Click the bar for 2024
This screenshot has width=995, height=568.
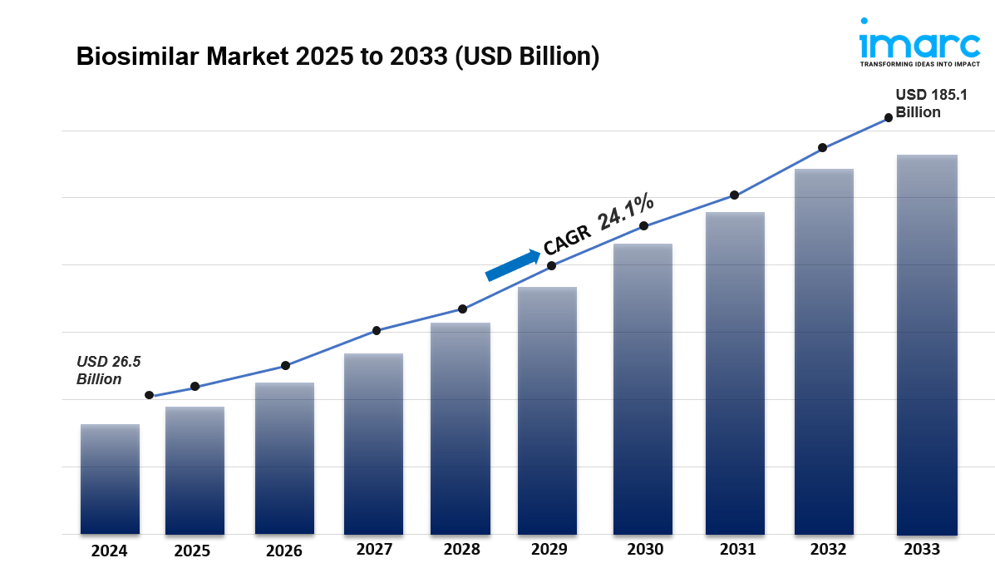pyautogui.click(x=110, y=479)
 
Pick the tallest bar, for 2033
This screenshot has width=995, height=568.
pyautogui.click(x=927, y=344)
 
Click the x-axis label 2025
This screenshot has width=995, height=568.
pyautogui.click(x=192, y=551)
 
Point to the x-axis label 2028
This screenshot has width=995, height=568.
pyautogui.click(x=461, y=549)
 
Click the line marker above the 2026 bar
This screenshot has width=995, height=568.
pyautogui.click(x=285, y=365)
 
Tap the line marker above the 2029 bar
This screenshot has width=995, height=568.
pyautogui.click(x=551, y=266)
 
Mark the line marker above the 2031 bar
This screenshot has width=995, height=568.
pyautogui.click(x=734, y=195)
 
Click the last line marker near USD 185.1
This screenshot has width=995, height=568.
pyautogui.click(x=888, y=117)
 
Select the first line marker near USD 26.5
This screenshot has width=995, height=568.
pyautogui.click(x=149, y=395)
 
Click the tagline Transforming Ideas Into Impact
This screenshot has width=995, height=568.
pyautogui.click(x=919, y=63)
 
